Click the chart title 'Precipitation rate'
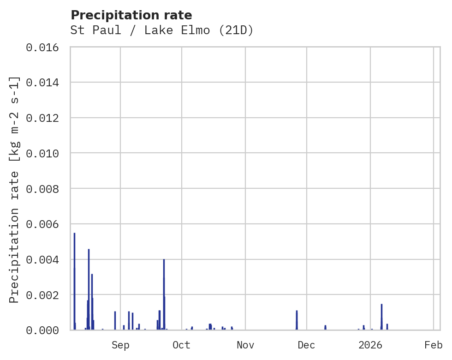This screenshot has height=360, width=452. click(131, 15)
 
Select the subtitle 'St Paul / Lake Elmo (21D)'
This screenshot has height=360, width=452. click(162, 30)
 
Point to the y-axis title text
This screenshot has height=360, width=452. click(15, 189)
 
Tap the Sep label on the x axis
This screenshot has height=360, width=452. click(120, 345)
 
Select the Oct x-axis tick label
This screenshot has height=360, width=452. click(182, 345)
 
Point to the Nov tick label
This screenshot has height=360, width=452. click(245, 345)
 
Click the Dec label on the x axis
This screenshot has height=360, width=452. click(307, 345)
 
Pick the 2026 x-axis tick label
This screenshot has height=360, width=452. click(371, 345)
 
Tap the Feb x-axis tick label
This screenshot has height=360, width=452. click(434, 345)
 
